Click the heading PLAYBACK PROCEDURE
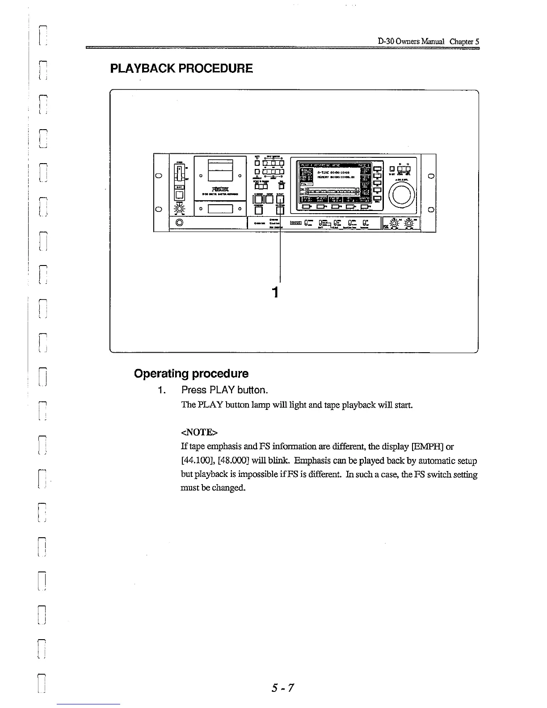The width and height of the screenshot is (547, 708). [x=181, y=68]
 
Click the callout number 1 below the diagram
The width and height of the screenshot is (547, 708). [x=276, y=292]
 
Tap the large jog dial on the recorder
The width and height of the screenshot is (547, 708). [x=404, y=194]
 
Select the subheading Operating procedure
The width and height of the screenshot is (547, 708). [x=191, y=373]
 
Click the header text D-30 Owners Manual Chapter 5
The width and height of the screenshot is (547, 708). [x=428, y=42]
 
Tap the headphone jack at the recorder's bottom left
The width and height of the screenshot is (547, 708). [x=180, y=223]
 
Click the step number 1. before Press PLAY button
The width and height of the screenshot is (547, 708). [x=161, y=390]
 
